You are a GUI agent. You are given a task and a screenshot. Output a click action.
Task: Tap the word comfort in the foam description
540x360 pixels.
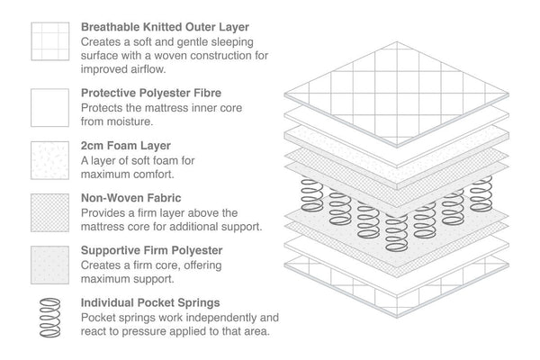(x=160, y=174)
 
